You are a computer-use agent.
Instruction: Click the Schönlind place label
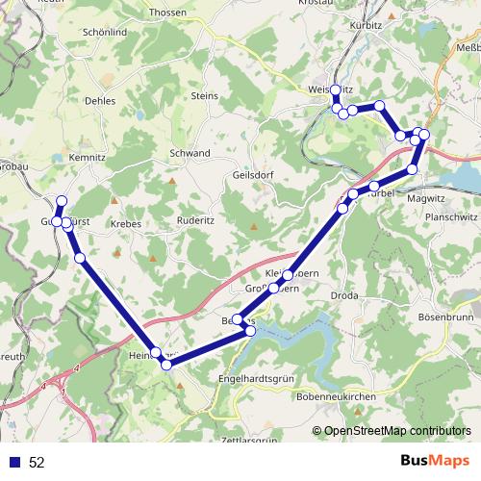(105, 31)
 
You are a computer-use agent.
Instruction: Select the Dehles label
(100, 100)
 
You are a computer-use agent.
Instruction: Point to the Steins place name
(205, 96)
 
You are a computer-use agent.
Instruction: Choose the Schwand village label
(190, 153)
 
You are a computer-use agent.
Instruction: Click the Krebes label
(126, 223)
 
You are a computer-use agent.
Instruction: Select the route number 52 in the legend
(37, 463)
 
